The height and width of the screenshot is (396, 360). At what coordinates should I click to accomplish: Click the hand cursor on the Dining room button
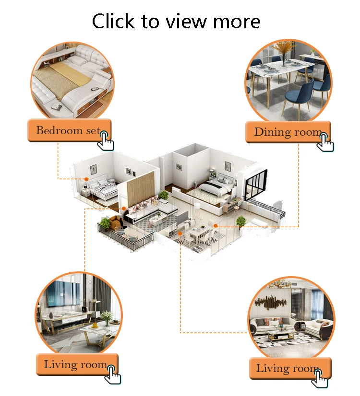(326, 141)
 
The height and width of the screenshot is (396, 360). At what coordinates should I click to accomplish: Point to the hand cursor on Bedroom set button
(106, 140)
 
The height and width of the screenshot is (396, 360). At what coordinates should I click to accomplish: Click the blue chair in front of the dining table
(293, 97)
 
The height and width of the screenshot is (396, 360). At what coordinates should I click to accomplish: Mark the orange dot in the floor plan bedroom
(86, 179)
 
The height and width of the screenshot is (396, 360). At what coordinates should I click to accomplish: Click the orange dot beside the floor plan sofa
(123, 209)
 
